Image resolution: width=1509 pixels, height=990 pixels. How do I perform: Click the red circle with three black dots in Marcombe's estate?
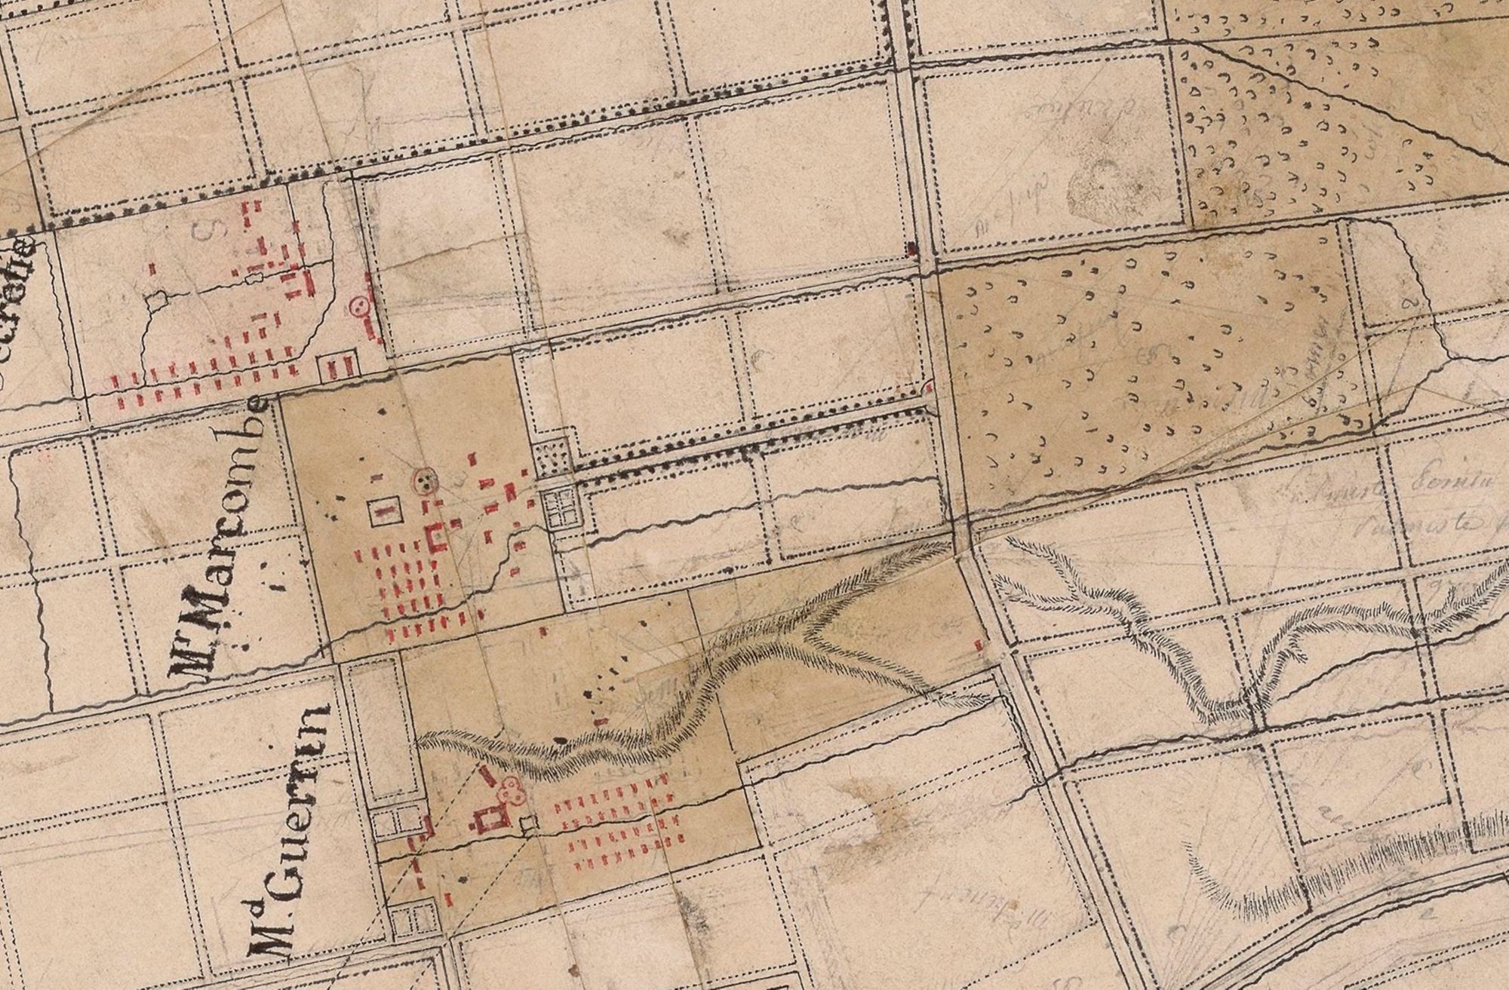pos(426,480)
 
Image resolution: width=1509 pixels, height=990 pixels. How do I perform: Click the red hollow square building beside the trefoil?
pos(490,819)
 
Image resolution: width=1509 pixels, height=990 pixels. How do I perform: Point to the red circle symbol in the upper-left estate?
pos(359,306)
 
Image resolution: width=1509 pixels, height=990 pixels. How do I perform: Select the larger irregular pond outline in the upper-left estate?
pos(157,300)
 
